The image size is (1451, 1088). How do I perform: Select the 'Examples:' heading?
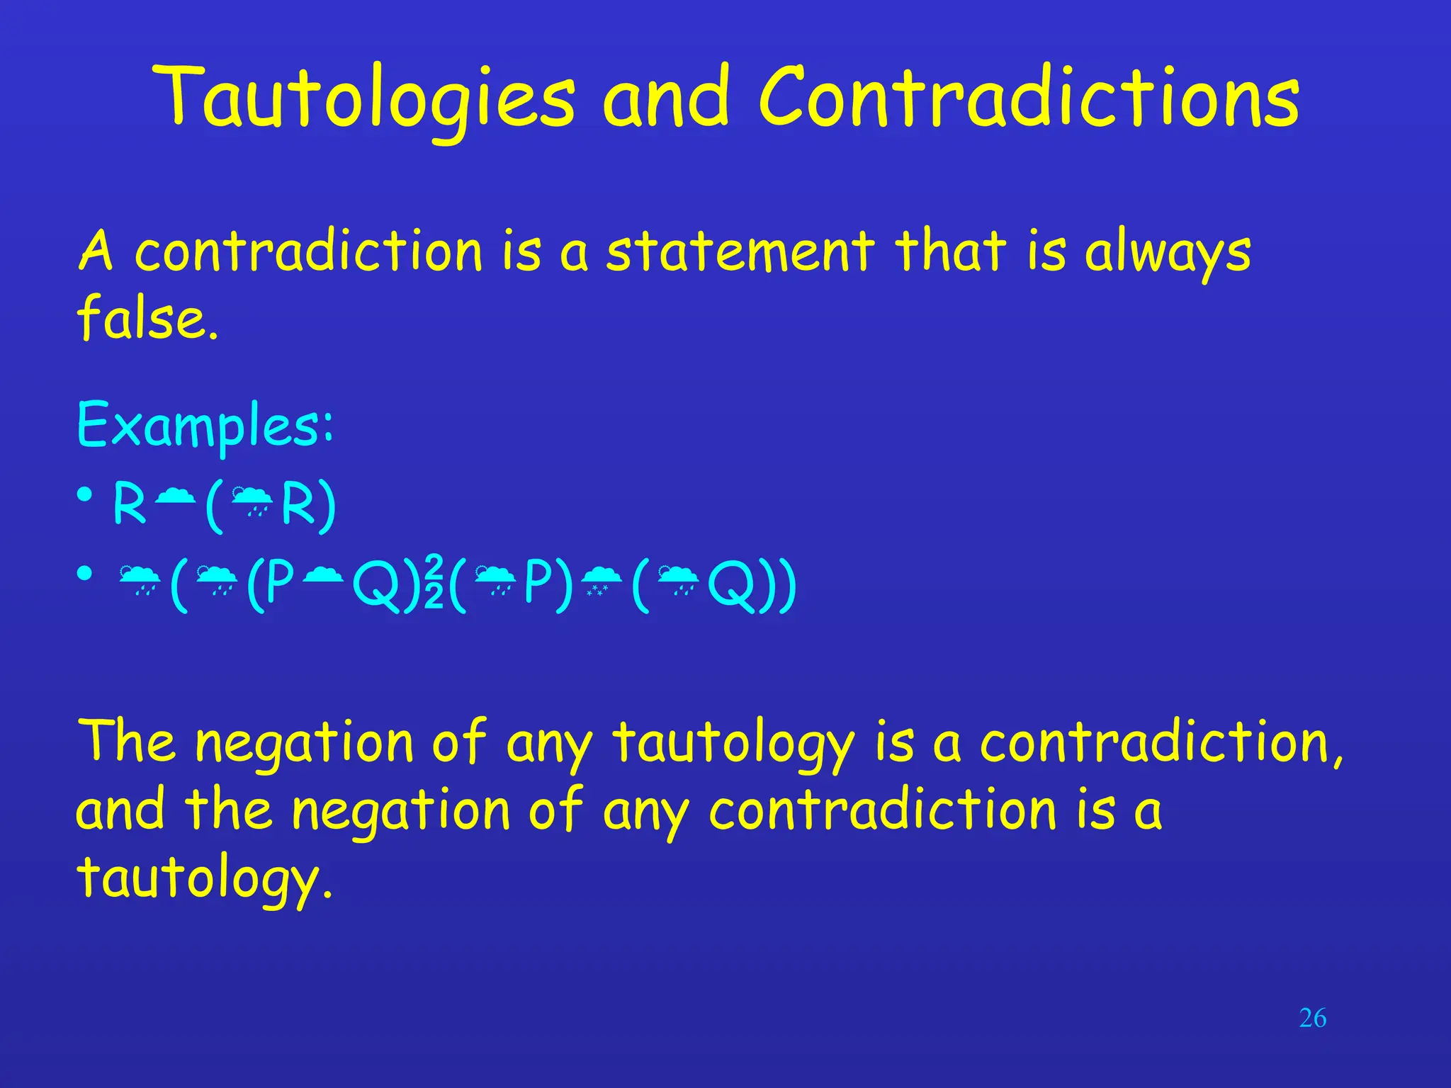(x=205, y=425)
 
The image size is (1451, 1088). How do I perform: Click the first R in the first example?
(x=130, y=504)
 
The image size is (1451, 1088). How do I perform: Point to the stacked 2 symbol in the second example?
(x=434, y=582)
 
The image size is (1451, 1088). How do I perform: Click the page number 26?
(x=1312, y=1019)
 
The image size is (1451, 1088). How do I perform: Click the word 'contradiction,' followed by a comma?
(x=1162, y=743)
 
